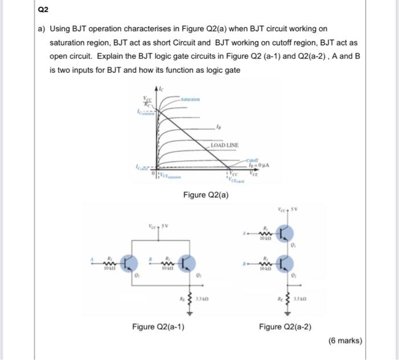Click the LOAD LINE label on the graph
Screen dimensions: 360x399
[x=224, y=145]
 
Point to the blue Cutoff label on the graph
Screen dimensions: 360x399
[x=253, y=160]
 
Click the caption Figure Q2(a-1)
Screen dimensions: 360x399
[x=158, y=326]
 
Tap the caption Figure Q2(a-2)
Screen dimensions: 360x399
[x=285, y=326]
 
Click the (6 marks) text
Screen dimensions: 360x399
[x=345, y=341]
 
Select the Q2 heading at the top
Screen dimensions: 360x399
[x=44, y=10]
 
